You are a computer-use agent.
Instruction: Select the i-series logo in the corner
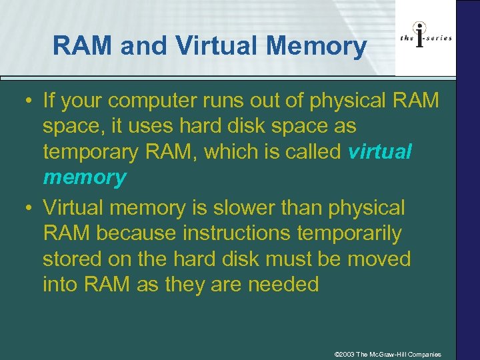click(425, 37)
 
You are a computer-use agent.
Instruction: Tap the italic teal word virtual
click(380, 152)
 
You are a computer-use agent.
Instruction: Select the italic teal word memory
click(84, 177)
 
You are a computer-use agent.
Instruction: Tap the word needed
click(283, 284)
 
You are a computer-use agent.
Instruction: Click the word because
click(138, 233)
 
